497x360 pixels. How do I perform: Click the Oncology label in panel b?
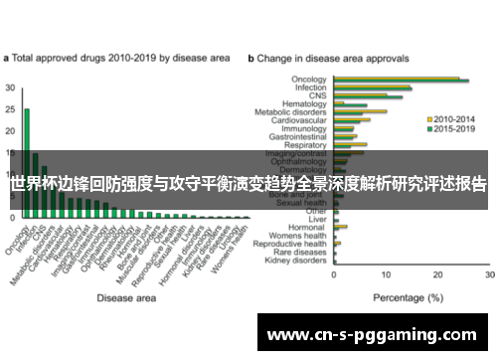(x=309, y=79)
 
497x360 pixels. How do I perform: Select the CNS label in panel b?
(x=318, y=95)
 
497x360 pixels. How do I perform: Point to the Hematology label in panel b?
(x=305, y=103)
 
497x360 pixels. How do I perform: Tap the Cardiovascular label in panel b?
(x=301, y=120)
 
